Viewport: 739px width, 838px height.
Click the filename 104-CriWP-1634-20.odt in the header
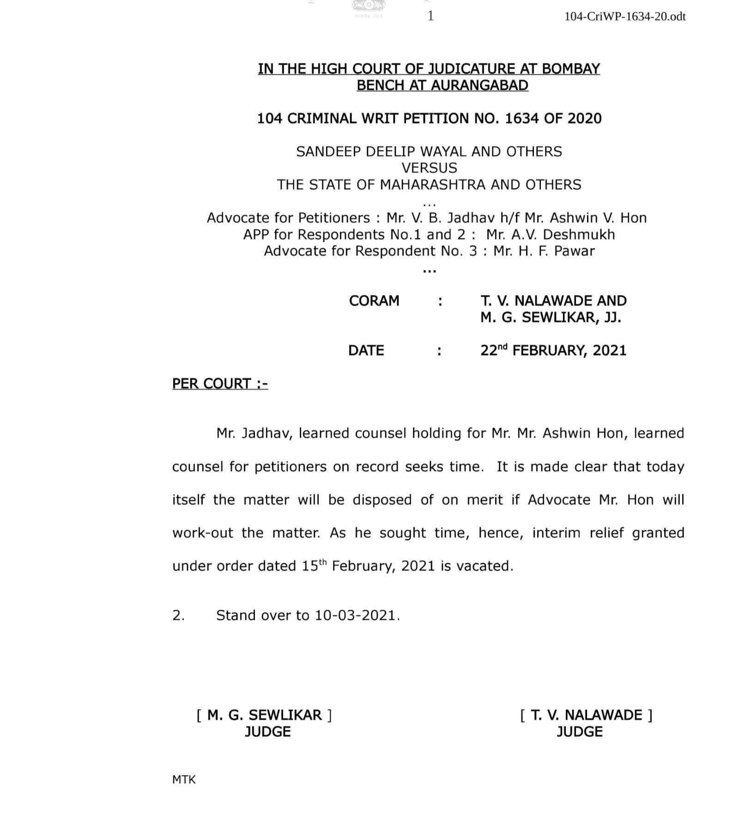[624, 17]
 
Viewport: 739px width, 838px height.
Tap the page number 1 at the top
[430, 16]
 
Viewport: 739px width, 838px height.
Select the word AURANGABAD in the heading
[480, 85]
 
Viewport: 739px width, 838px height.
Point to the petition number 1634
[521, 119]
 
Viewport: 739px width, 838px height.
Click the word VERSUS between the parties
[429, 168]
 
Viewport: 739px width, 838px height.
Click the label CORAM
[374, 301]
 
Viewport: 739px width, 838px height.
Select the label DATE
[366, 351]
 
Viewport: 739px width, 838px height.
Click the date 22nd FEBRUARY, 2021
[553, 351]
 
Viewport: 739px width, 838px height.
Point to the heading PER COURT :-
[220, 384]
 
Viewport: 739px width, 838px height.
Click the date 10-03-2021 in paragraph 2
[355, 615]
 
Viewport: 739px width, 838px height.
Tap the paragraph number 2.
[178, 615]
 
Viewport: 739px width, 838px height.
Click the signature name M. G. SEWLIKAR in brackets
[264, 715]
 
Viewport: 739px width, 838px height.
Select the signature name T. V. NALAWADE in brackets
[586, 715]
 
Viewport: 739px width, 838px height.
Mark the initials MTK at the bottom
[184, 780]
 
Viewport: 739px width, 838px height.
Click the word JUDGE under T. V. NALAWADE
[579, 732]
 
